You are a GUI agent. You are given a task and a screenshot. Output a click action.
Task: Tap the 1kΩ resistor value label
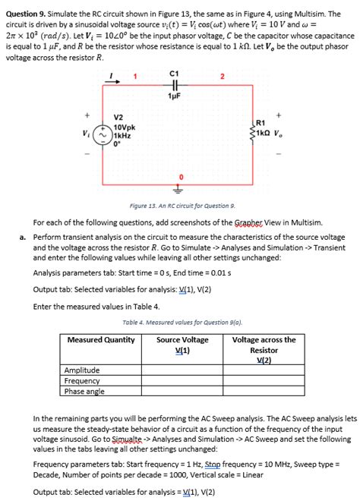[267, 133]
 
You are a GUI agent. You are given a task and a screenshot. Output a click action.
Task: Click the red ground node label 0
[180, 179]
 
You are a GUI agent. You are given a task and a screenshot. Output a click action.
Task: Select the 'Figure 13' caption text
[182, 206]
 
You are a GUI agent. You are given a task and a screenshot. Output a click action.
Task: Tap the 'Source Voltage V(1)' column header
[182, 345]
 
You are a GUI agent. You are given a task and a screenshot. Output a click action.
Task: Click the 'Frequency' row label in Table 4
[81, 380]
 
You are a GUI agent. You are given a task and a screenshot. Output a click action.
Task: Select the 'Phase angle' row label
[84, 391]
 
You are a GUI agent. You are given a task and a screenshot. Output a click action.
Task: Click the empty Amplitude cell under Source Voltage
[182, 370]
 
